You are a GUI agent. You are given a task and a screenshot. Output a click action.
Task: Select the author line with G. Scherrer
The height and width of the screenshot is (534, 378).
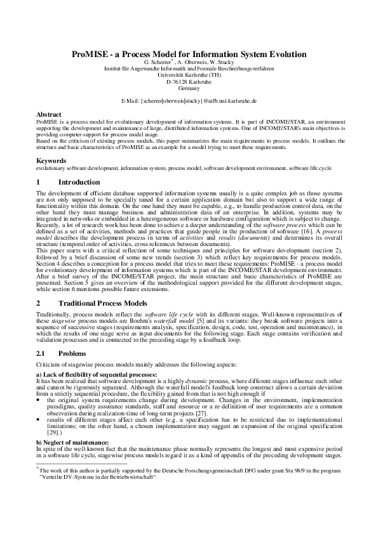coord(189,63)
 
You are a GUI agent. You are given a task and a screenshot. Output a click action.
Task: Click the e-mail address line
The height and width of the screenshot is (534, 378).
coord(189,100)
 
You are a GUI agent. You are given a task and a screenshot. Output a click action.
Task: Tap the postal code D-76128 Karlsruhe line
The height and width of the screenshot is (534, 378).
coord(189,82)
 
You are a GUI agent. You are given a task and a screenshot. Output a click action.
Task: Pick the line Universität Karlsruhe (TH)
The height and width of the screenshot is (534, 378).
coord(189,75)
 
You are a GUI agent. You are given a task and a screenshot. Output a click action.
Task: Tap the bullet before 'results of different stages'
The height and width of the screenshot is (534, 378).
coord(39,419)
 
